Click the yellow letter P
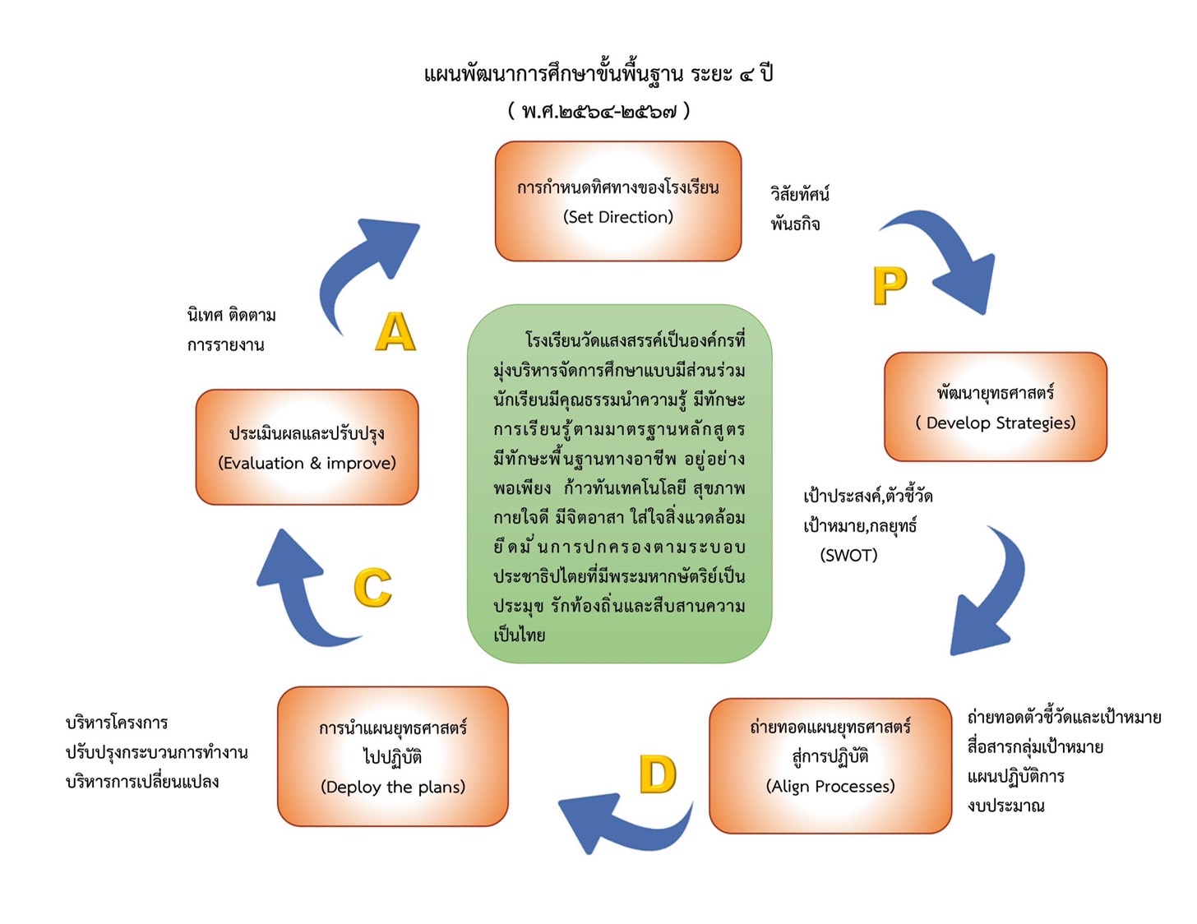[x=889, y=285]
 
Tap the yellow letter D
[x=657, y=774]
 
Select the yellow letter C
[x=372, y=587]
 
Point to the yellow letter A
[x=395, y=331]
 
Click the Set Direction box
[x=617, y=201]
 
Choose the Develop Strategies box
[x=995, y=406]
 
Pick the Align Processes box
[x=830, y=765]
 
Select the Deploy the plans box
[x=392, y=756]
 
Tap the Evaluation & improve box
[x=307, y=446]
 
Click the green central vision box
[x=619, y=483]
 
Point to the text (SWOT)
[x=848, y=555]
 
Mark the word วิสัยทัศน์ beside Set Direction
[x=799, y=193]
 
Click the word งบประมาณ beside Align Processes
[x=1005, y=806]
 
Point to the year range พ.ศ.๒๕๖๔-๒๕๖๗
[x=598, y=111]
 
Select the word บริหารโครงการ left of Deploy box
[x=117, y=722]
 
